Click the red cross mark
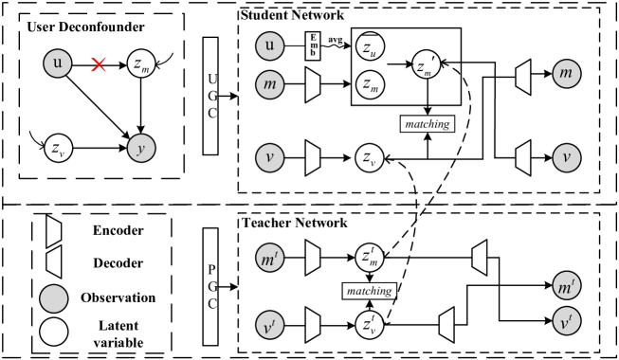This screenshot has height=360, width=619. tap(99, 64)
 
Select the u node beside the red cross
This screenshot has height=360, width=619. tap(58, 63)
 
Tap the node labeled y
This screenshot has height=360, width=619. tap(141, 148)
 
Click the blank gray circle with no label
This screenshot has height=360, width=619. tap(54, 298)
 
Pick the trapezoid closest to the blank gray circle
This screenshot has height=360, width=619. tap(54, 262)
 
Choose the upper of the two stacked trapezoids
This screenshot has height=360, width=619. tap(54, 231)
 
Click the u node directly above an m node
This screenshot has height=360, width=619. tap(270, 45)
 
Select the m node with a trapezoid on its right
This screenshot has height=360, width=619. tap(270, 84)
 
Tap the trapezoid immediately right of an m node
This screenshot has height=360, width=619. tap(313, 84)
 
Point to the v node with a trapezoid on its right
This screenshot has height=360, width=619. tap(270, 157)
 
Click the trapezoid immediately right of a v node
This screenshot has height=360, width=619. tap(313, 157)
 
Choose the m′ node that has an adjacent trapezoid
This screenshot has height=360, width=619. tap(270, 258)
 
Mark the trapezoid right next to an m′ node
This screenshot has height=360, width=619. tap(313, 258)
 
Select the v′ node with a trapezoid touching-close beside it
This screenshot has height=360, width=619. tap(270, 326)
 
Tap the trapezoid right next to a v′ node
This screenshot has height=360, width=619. tap(313, 325)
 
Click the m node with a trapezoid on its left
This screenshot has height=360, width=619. tap(566, 74)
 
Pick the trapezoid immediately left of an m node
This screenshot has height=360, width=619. tap(523, 77)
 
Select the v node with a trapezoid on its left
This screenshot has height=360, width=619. tap(566, 157)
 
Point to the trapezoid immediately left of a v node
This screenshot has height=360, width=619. tap(523, 157)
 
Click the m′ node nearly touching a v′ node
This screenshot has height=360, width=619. tap(567, 286)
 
